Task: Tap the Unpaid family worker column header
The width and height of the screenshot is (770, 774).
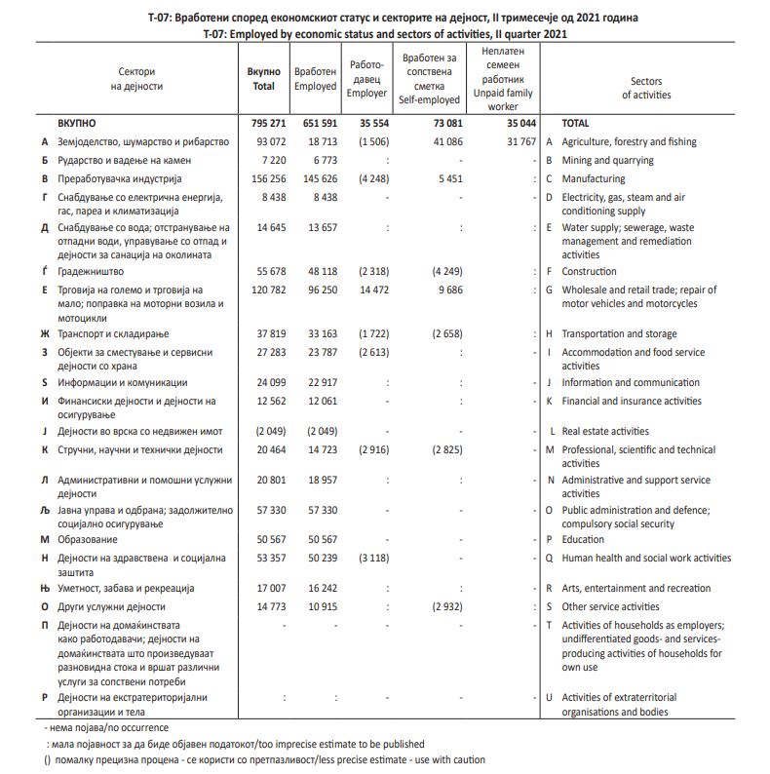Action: pyautogui.click(x=503, y=78)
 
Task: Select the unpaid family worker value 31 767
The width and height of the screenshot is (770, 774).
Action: pyautogui.click(x=516, y=142)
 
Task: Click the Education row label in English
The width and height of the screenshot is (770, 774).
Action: pyautogui.click(x=583, y=540)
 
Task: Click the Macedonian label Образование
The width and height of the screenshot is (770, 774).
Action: pyautogui.click(x=88, y=540)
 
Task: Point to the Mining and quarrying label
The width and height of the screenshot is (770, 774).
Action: pyautogui.click(x=608, y=161)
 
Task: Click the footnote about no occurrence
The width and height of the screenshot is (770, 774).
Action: pyautogui.click(x=106, y=728)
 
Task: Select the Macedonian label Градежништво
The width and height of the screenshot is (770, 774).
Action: pyautogui.click(x=92, y=272)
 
